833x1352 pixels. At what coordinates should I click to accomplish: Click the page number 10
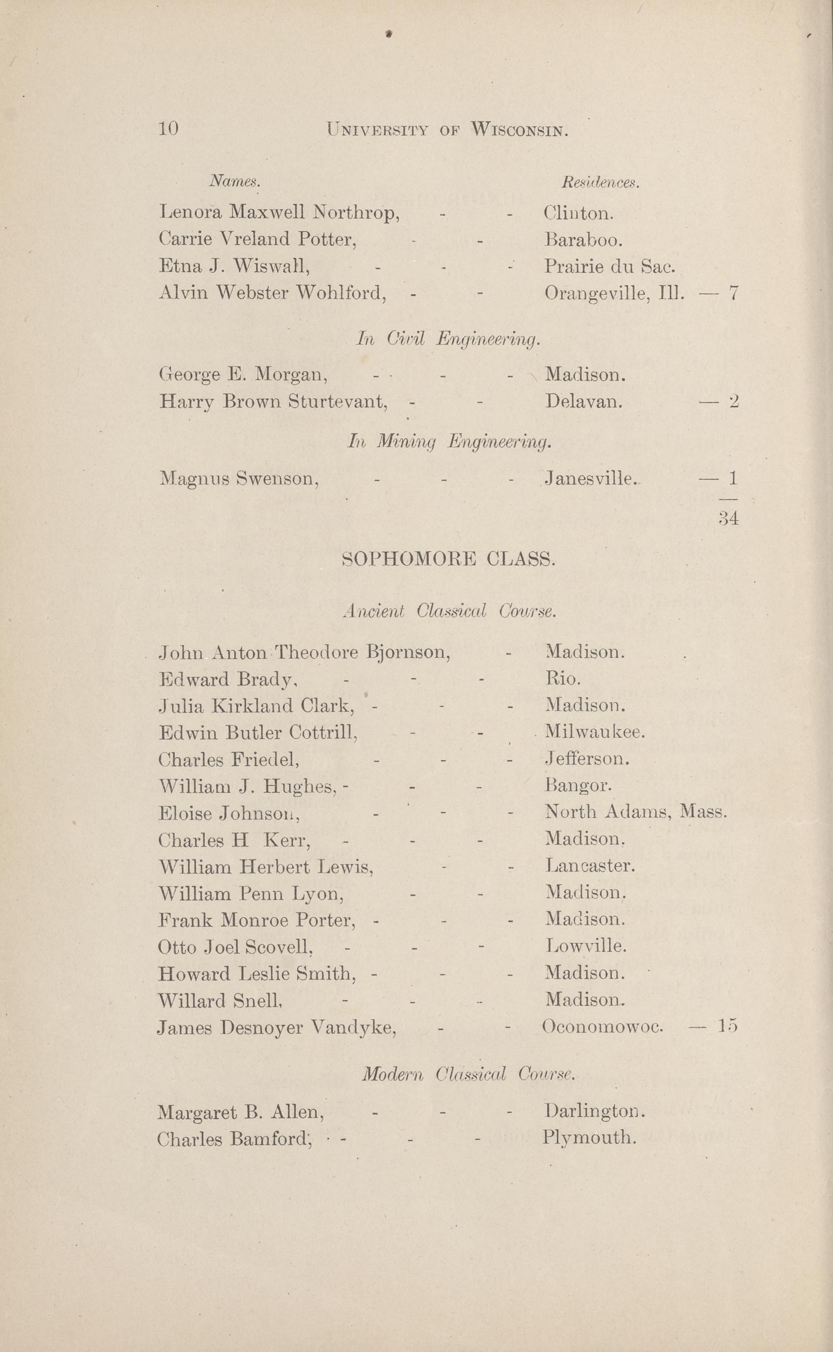pyautogui.click(x=168, y=129)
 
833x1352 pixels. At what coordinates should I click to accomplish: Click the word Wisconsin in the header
pyautogui.click(x=519, y=131)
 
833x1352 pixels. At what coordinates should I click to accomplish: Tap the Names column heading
pyautogui.click(x=234, y=181)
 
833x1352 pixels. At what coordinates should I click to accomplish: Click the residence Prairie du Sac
pyautogui.click(x=610, y=267)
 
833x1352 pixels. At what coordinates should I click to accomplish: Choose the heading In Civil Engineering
pyautogui.click(x=448, y=339)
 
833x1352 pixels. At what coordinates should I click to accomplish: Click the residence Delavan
pyautogui.click(x=584, y=401)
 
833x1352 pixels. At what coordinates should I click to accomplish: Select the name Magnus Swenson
pyautogui.click(x=239, y=478)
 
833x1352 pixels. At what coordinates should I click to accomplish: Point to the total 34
pyautogui.click(x=728, y=518)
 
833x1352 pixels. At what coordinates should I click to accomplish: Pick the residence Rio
pyautogui.click(x=562, y=679)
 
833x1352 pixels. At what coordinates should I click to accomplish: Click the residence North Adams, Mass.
pyautogui.click(x=636, y=812)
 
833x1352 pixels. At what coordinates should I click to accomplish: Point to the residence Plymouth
pyautogui.click(x=590, y=1137)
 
